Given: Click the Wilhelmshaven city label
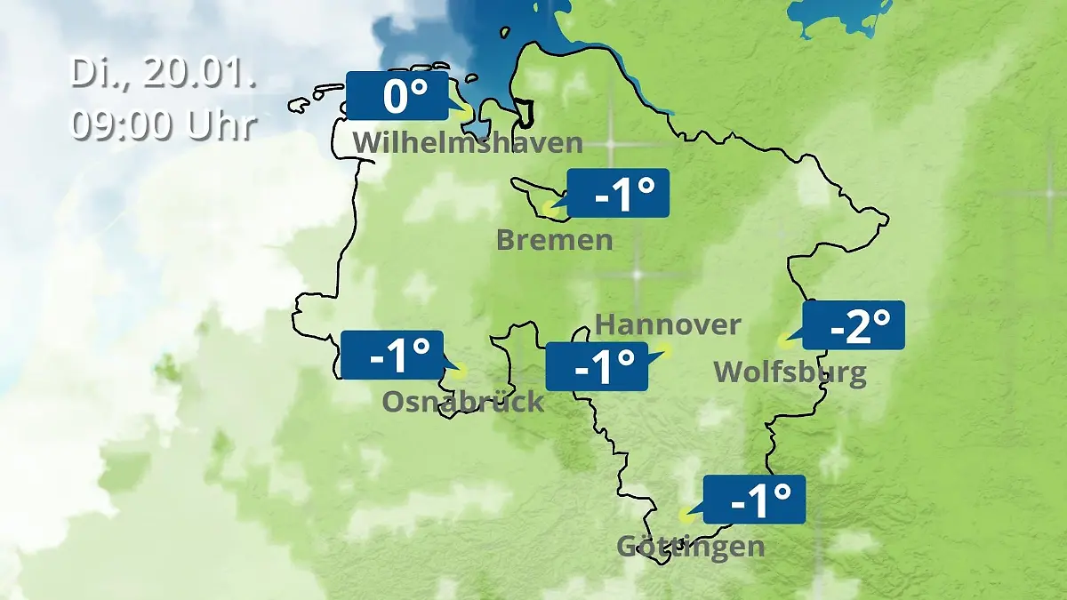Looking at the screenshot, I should click(468, 143).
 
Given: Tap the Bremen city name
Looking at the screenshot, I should click(555, 240).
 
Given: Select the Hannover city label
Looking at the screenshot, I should click(668, 325).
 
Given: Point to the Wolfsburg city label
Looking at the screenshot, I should click(790, 372).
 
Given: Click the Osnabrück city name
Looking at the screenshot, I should click(462, 402).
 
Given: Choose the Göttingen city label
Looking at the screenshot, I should click(690, 546).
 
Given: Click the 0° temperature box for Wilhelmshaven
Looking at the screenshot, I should click(397, 96).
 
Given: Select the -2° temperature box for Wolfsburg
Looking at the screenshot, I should click(853, 325).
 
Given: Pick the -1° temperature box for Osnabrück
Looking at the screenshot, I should click(392, 355).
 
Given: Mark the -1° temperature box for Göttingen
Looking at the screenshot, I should click(754, 500).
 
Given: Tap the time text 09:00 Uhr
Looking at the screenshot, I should click(164, 124).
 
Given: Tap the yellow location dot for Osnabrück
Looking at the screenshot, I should click(458, 372).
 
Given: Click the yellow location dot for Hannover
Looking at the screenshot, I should click(663, 350).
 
